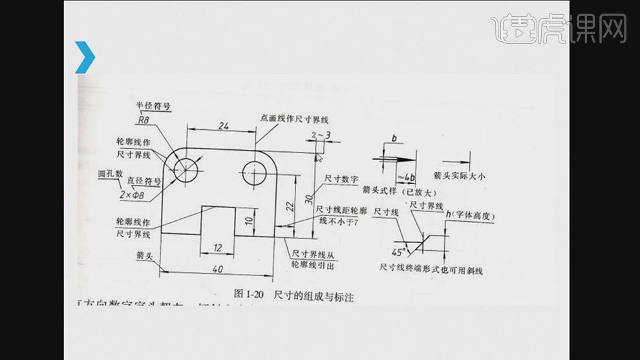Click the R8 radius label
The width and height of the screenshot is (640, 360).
144,119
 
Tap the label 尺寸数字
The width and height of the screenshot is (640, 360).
342,178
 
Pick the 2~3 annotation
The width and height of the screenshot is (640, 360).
321,134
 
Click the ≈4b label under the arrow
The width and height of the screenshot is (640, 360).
406,176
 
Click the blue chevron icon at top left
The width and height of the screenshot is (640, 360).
85,57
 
